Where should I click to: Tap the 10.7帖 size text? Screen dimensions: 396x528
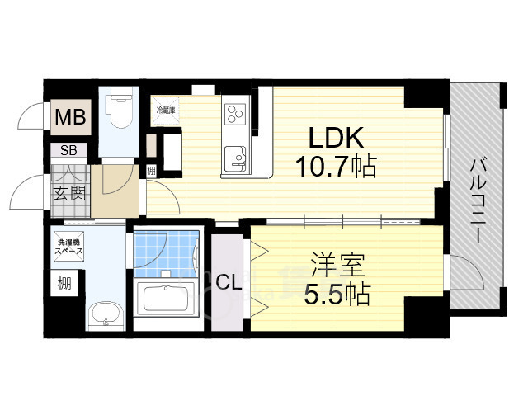point(336,167)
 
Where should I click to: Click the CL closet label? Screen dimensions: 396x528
point(229,281)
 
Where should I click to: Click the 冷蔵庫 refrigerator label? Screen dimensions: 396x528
point(167,109)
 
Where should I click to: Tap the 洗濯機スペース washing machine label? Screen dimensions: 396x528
point(68,248)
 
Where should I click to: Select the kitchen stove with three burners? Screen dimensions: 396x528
point(236,113)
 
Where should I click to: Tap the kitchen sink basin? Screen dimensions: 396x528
point(235,154)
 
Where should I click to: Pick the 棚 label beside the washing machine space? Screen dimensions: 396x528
point(64,284)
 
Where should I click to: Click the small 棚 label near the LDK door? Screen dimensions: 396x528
point(152,171)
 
